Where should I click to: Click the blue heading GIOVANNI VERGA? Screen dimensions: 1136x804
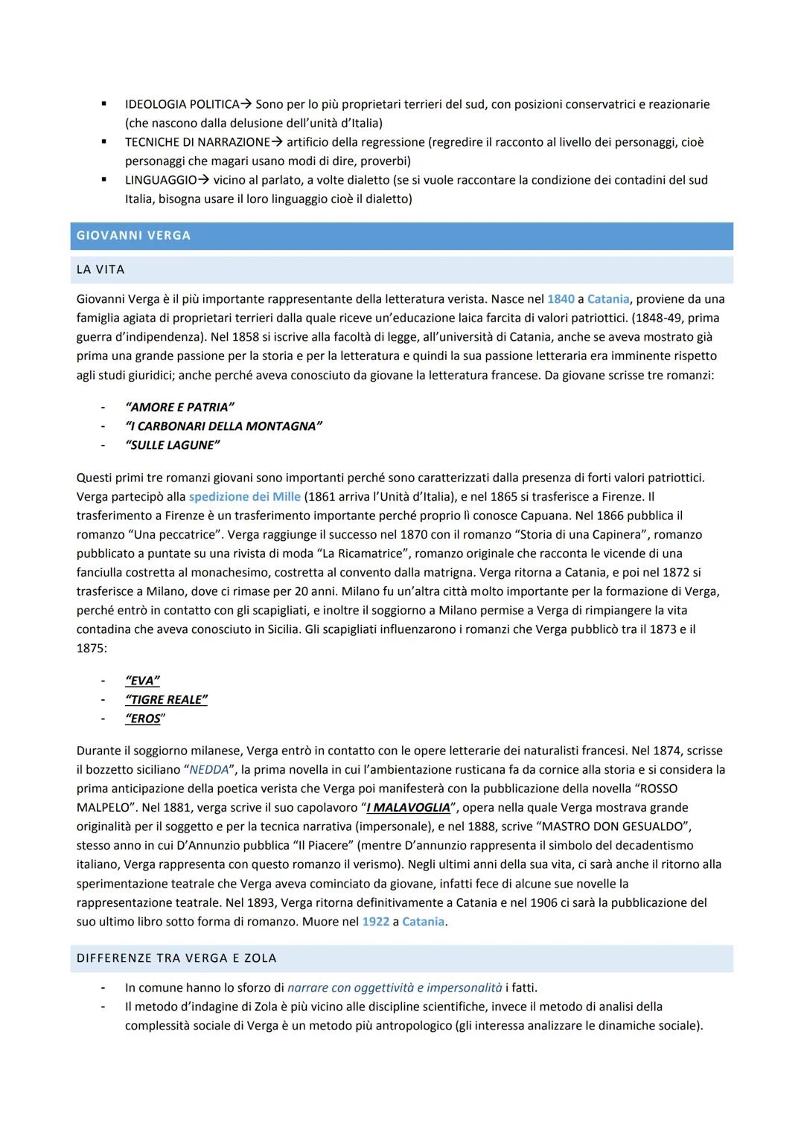[x=134, y=236]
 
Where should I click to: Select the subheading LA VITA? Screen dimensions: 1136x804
[x=100, y=270]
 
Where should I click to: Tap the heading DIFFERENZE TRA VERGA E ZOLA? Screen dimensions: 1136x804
[x=176, y=958]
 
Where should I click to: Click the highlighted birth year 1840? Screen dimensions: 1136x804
[x=561, y=299]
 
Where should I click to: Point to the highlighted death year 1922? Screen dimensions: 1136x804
[x=375, y=922]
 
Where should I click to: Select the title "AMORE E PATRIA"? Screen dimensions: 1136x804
[x=179, y=407]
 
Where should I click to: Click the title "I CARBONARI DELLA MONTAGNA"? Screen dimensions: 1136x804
[x=223, y=426]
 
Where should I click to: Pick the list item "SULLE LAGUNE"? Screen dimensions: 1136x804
[x=173, y=445]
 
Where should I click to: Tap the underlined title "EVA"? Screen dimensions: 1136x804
[x=142, y=681]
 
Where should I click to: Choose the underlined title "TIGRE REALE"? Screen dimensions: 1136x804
[x=166, y=699]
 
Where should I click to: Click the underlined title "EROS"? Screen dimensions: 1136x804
[x=144, y=719]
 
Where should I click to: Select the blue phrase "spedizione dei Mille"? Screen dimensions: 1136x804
[x=244, y=497]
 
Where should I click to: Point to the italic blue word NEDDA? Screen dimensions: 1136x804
[x=208, y=770]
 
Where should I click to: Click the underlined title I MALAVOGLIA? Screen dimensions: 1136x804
[x=409, y=808]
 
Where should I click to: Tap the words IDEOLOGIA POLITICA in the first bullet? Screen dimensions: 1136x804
[x=182, y=104]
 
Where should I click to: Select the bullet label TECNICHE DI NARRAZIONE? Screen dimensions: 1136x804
[x=197, y=142]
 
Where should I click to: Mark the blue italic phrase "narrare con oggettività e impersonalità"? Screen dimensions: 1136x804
[x=395, y=988]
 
